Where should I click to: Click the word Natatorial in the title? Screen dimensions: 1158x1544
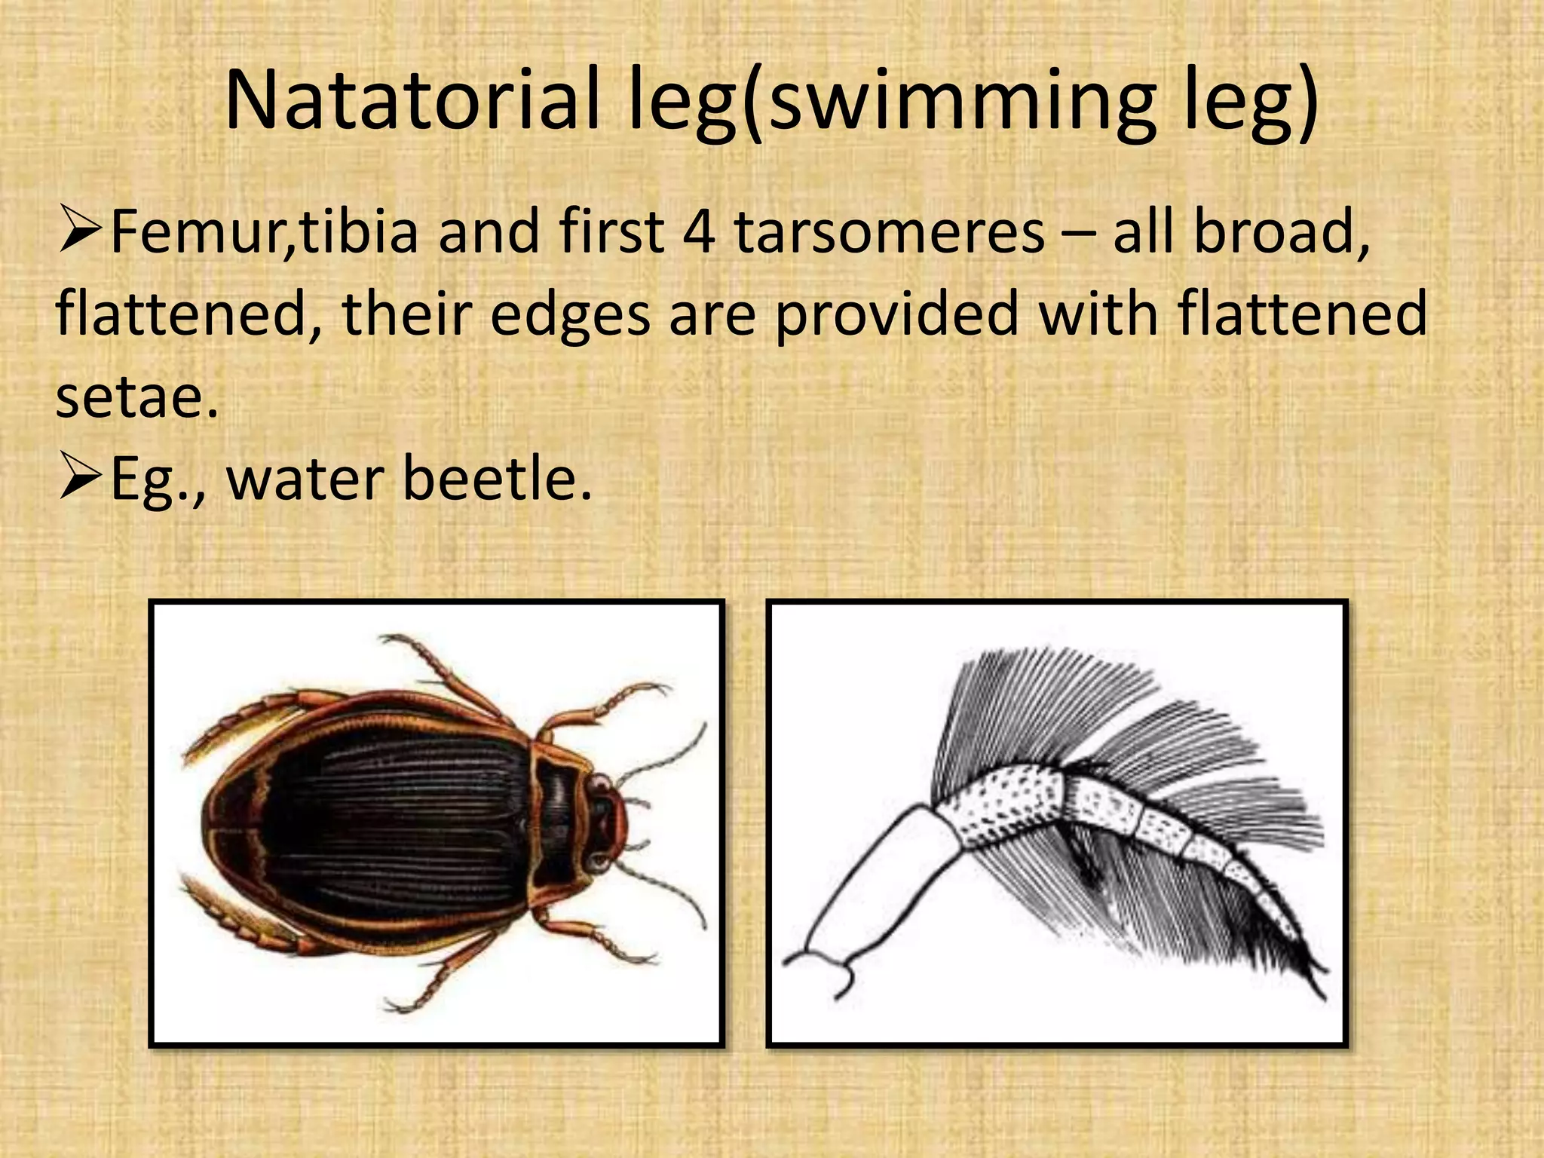coord(412,101)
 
